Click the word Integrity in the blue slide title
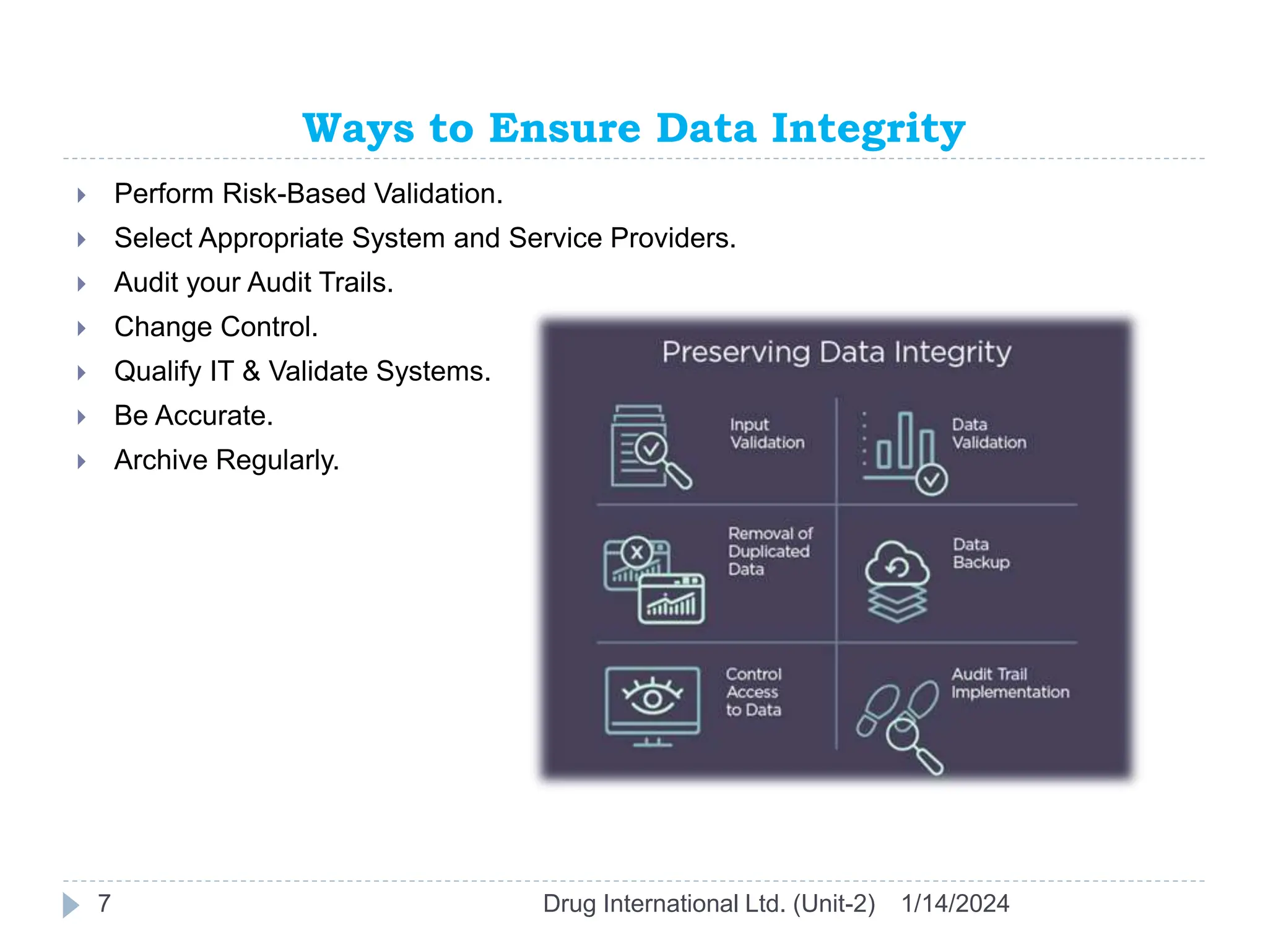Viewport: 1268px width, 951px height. pyautogui.click(x=868, y=129)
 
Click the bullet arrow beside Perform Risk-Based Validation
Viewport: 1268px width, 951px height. pyautogui.click(x=81, y=196)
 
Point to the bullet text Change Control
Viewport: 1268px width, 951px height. pyautogui.click(x=215, y=327)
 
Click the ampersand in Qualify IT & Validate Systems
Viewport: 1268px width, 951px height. pyautogui.click(x=251, y=371)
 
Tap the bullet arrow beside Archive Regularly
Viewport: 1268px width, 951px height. pyautogui.click(x=81, y=461)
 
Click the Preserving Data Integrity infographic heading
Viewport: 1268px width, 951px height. pyautogui.click(x=836, y=352)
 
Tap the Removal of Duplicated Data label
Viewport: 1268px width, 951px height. pyautogui.click(x=770, y=551)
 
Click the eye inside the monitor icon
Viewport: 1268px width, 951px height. pyautogui.click(x=652, y=698)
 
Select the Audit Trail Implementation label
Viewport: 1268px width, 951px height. pyautogui.click(x=1009, y=683)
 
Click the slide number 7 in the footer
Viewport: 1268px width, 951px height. pyautogui.click(x=104, y=903)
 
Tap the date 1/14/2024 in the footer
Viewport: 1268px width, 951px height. pyautogui.click(x=955, y=904)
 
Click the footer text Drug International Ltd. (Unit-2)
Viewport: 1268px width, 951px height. pyautogui.click(x=708, y=904)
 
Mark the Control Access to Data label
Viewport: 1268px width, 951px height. pyautogui.click(x=753, y=692)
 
